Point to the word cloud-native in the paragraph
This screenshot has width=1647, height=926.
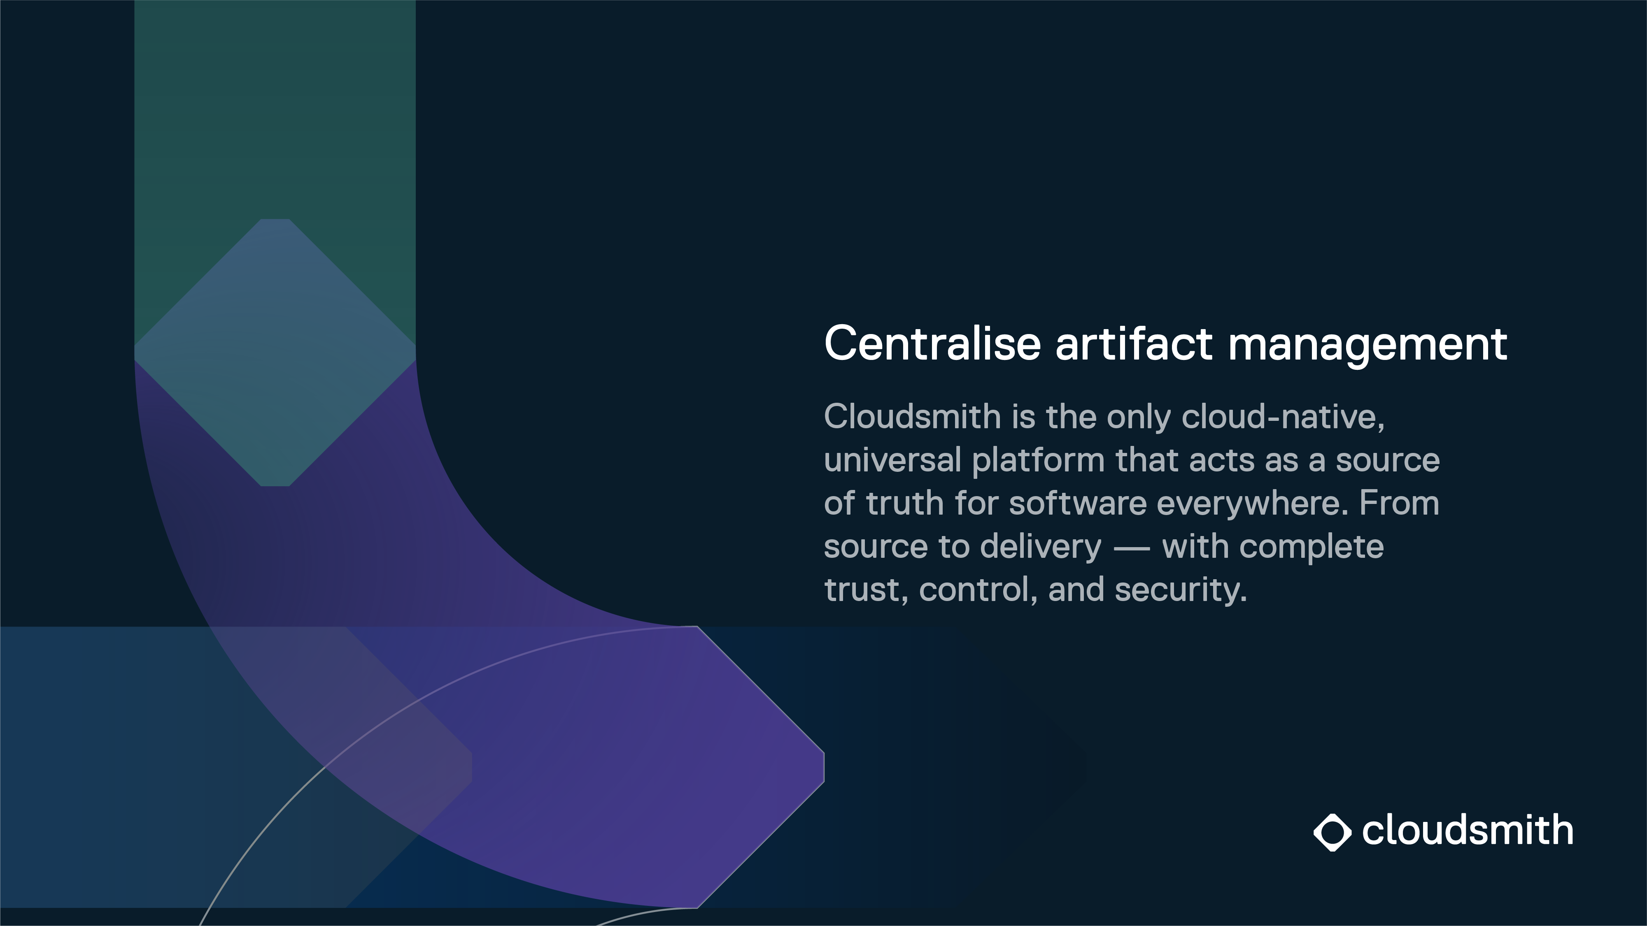coord(1283,417)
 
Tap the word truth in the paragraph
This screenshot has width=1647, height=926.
coord(905,503)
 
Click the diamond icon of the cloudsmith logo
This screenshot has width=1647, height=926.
coord(1333,832)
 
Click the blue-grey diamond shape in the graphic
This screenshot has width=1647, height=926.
coord(275,353)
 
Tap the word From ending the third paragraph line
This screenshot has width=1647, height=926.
coord(1399,503)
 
